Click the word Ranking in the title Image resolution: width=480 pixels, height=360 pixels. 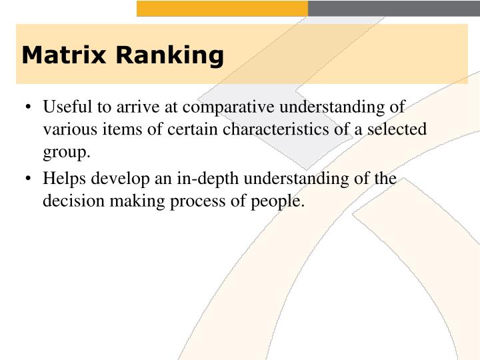click(x=169, y=56)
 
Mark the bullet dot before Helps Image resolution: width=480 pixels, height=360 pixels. click(x=29, y=179)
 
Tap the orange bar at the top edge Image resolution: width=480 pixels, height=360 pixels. click(x=222, y=8)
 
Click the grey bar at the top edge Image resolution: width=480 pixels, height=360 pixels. click(x=393, y=8)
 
